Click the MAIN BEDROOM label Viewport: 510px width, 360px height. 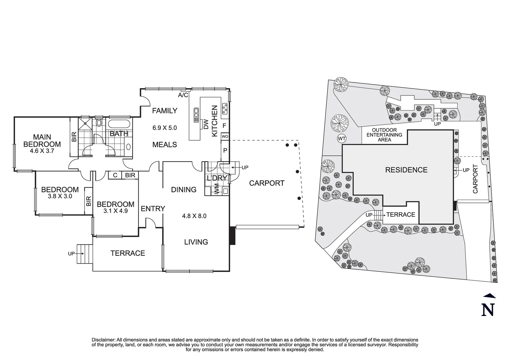tap(42, 141)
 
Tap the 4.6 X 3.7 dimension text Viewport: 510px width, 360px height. tap(42, 151)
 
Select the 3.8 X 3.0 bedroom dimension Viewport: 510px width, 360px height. tap(60, 196)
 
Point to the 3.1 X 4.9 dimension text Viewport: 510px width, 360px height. tap(115, 211)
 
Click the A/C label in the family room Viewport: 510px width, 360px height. tap(183, 95)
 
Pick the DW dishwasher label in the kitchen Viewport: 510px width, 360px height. tap(206, 124)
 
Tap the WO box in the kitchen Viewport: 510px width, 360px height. tap(225, 137)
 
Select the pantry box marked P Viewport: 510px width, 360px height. tap(225, 150)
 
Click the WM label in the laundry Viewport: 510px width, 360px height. tap(216, 191)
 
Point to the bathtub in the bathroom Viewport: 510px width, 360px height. tap(119, 124)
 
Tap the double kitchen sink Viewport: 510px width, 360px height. tap(195, 114)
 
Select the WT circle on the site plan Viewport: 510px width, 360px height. tap(342, 138)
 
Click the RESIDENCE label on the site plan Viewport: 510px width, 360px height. tap(406, 170)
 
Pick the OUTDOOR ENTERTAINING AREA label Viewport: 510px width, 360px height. tap(384, 135)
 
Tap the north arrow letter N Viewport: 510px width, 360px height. tap(488, 310)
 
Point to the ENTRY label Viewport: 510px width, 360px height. tap(153, 209)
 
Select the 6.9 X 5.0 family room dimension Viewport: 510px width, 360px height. tap(164, 128)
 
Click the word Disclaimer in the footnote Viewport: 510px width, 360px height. tap(103, 340)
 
